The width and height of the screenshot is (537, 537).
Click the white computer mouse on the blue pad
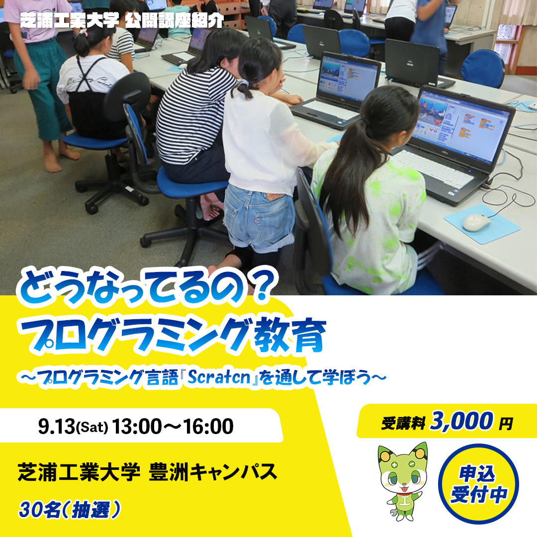476,223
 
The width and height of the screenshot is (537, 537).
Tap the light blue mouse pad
482,225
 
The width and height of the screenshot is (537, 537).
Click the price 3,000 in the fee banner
461,421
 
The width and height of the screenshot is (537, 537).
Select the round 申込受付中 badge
478,484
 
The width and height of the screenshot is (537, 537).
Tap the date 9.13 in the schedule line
56,427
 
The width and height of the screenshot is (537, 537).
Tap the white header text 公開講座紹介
175,21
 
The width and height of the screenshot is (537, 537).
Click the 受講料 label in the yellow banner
403,423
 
